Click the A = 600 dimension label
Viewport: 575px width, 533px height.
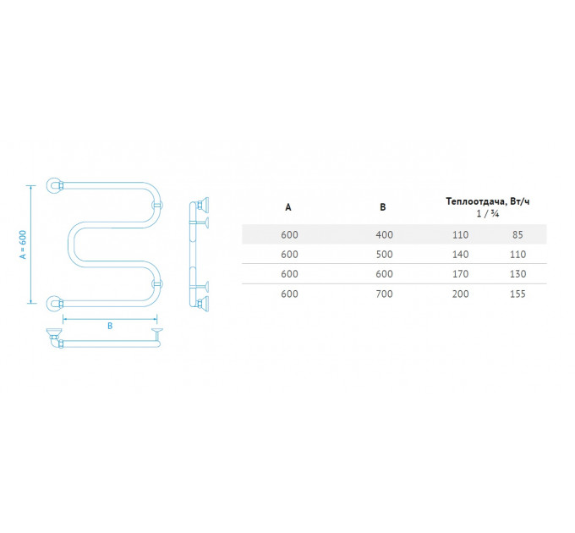[x=23, y=245]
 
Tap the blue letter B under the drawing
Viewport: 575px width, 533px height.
[x=110, y=326]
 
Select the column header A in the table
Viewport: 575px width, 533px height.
[x=288, y=207]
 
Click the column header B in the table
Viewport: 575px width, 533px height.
[x=383, y=207]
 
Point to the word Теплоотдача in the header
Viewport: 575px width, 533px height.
[x=475, y=201]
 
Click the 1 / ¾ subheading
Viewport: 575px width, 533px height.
[x=488, y=213]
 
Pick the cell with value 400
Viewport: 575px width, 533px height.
[x=384, y=234]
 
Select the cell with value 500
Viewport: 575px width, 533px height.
[x=384, y=254]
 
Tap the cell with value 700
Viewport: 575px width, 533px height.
[x=384, y=294]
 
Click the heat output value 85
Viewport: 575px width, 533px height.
[x=517, y=234]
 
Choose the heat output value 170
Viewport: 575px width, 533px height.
[x=460, y=274]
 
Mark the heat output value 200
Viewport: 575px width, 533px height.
[x=460, y=294]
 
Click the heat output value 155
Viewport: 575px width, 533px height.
[x=517, y=294]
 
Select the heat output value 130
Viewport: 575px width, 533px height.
[x=517, y=274]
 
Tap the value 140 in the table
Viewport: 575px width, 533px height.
[x=460, y=254]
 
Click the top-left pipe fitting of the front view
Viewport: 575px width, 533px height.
[x=55, y=185]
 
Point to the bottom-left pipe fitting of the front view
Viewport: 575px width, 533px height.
[x=55, y=304]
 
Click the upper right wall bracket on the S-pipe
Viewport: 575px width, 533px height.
[x=157, y=205]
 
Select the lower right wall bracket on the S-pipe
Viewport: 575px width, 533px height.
[x=157, y=284]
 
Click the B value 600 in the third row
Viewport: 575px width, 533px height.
[x=384, y=274]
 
